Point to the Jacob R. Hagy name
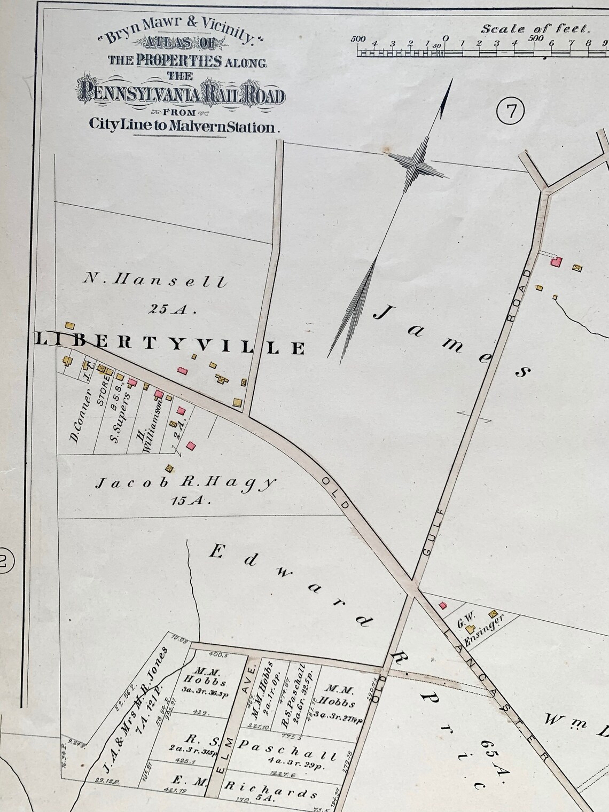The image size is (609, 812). pos(185,483)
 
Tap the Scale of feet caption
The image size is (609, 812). pos(535,28)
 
